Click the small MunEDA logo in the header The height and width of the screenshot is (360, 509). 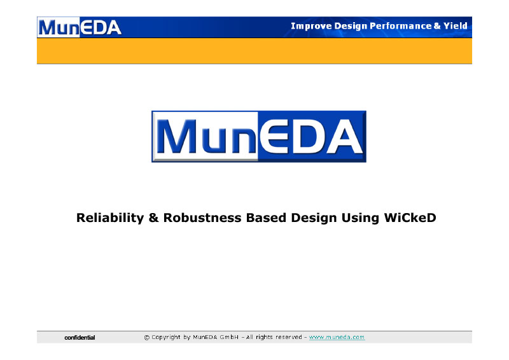(x=80, y=27)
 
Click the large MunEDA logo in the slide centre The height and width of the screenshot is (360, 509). (x=259, y=136)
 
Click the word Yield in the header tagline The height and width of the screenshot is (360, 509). (x=456, y=25)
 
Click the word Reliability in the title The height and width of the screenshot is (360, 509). (x=110, y=218)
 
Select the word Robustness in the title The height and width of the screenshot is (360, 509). (x=202, y=218)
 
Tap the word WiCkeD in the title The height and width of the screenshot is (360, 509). (x=410, y=218)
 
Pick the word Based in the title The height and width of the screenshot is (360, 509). (x=266, y=218)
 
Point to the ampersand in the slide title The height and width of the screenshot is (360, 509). (x=153, y=218)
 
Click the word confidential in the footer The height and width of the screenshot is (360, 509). (x=80, y=338)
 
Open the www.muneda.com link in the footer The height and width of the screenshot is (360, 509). (x=337, y=337)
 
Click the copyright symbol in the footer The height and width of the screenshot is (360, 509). (x=147, y=338)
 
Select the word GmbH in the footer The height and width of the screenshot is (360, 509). (x=229, y=337)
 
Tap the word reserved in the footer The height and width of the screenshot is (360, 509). (x=289, y=337)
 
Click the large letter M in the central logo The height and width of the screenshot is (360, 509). (x=177, y=136)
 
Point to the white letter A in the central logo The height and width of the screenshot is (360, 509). (x=344, y=136)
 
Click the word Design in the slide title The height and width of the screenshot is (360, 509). (x=314, y=218)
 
